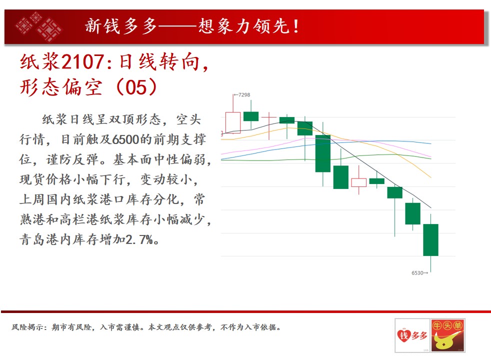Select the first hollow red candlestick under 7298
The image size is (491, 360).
click(x=233, y=122)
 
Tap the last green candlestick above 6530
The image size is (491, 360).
click(x=430, y=240)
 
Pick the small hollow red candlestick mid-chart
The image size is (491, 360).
click(x=359, y=182)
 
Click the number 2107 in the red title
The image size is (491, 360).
click(x=82, y=61)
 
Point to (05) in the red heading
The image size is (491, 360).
click(x=136, y=87)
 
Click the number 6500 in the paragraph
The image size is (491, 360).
click(x=125, y=139)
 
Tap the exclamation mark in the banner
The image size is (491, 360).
click(x=295, y=26)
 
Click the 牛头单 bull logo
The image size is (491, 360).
click(x=447, y=335)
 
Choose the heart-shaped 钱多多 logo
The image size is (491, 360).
click(x=412, y=335)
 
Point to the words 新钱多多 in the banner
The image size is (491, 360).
click(x=121, y=26)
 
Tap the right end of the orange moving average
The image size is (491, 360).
click(x=431, y=177)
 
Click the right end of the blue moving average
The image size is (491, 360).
click(x=431, y=143)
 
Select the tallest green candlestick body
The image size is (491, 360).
click(x=323, y=153)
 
